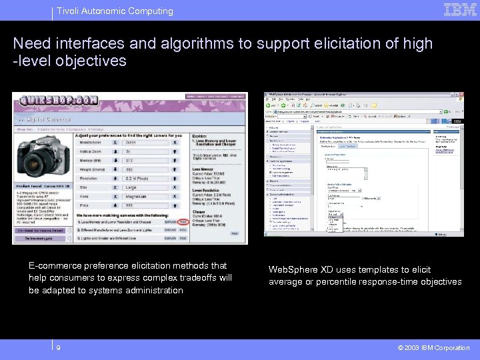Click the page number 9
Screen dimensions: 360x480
[59, 347]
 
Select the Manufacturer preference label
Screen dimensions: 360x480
[94, 142]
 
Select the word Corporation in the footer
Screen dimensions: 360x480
[453, 348]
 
